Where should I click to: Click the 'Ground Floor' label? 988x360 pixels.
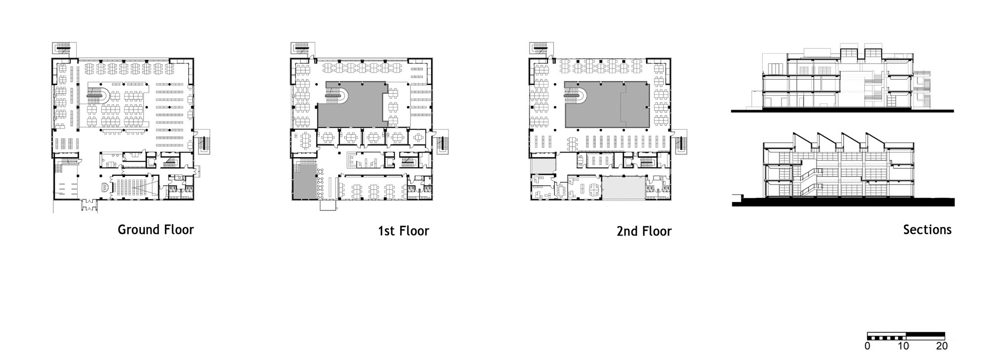(x=156, y=230)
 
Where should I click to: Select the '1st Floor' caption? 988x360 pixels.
(x=404, y=231)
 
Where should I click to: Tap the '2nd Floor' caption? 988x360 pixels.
(x=644, y=231)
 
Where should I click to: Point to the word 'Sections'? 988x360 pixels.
(x=927, y=230)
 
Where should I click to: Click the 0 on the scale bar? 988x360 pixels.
(x=867, y=346)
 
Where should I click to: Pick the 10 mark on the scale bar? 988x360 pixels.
(x=903, y=346)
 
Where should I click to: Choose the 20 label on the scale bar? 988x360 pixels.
(x=942, y=346)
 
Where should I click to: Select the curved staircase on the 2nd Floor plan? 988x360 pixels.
(x=575, y=95)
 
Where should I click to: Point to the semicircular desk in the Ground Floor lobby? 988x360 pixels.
(x=105, y=187)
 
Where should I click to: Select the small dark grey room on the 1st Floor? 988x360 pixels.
(x=304, y=181)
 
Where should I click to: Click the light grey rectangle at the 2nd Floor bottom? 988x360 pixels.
(x=623, y=188)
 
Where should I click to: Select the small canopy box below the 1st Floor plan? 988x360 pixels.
(x=328, y=205)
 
